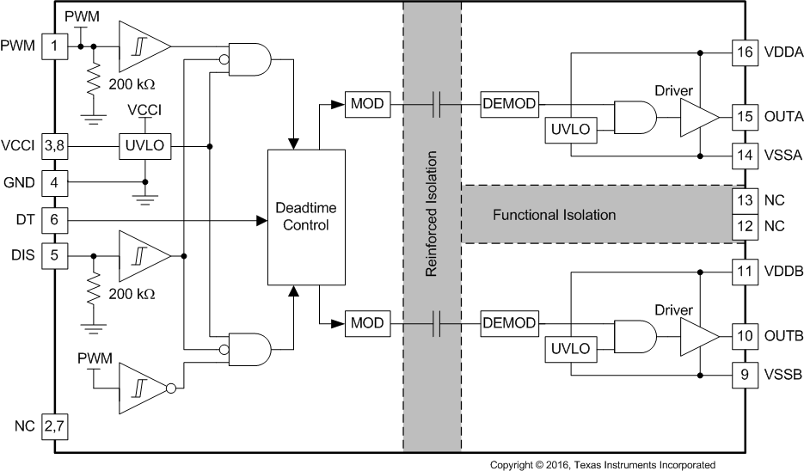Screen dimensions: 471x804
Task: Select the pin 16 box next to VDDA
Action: click(x=744, y=52)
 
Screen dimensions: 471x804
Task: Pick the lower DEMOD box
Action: click(x=509, y=323)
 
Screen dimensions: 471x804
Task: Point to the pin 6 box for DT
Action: click(x=54, y=220)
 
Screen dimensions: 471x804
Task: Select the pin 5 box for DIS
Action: click(x=54, y=254)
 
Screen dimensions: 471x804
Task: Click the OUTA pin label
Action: click(x=783, y=115)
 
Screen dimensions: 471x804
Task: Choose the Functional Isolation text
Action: click(x=554, y=214)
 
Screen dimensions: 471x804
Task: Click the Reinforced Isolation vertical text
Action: click(x=433, y=214)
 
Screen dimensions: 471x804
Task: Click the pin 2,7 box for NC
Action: click(x=54, y=426)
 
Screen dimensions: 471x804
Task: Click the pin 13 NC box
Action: click(x=744, y=199)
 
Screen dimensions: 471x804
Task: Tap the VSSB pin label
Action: click(x=783, y=374)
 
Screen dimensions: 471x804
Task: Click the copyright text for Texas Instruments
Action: click(x=602, y=464)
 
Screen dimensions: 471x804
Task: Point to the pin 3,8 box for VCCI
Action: click(x=54, y=147)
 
